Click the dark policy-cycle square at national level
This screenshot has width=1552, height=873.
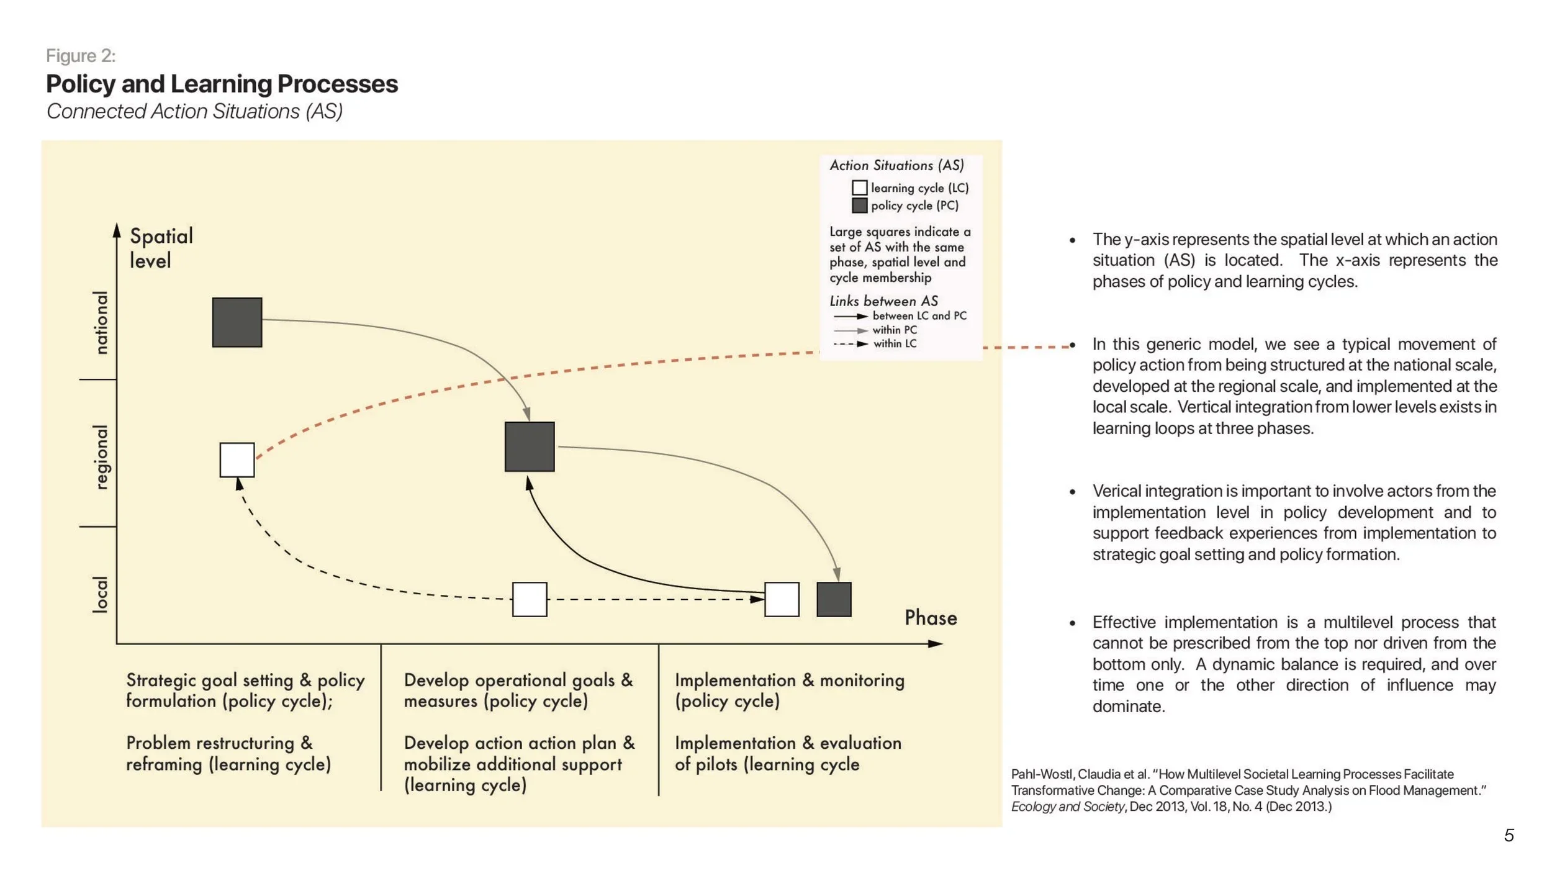tap(237, 322)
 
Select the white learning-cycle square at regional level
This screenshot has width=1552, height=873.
tap(237, 460)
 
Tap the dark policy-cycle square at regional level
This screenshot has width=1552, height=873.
tap(530, 447)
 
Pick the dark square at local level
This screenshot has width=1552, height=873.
tap(834, 599)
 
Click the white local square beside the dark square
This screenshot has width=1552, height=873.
tap(782, 599)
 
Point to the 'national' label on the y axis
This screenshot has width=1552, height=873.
tap(101, 322)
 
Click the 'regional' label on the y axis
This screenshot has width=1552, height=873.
tap(101, 458)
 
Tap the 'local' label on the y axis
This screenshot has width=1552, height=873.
tap(101, 595)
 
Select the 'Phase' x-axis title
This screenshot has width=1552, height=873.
tap(931, 618)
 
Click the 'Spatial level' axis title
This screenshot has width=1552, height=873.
tap(161, 248)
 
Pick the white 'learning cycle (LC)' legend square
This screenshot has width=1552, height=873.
tap(859, 188)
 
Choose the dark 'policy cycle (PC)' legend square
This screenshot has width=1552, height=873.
tap(859, 206)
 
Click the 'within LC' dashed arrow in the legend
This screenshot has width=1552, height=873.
tap(850, 344)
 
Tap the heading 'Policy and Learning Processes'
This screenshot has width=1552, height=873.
tap(222, 84)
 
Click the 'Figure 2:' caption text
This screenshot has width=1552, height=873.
tap(81, 56)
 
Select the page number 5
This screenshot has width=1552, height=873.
tap(1509, 835)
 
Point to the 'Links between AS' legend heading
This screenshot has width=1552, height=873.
tap(883, 301)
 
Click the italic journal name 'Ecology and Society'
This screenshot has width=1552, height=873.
tap(1067, 807)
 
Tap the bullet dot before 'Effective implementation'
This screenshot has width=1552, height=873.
tap(1072, 623)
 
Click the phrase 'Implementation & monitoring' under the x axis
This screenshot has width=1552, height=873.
tap(789, 681)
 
